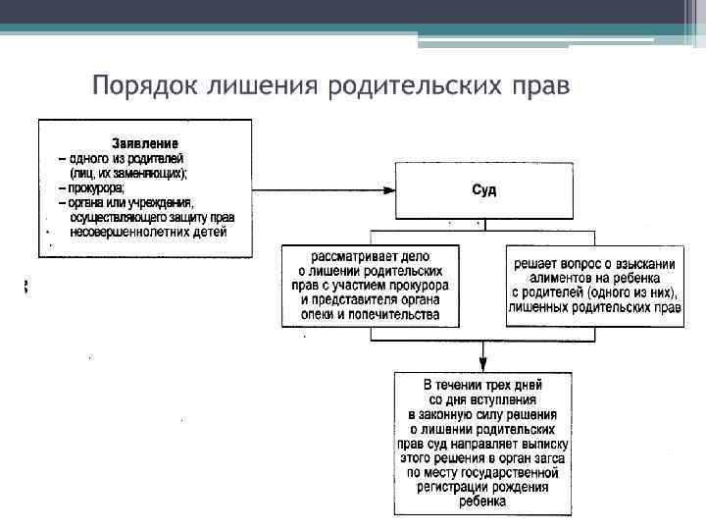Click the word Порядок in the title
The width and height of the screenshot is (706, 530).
coord(143,85)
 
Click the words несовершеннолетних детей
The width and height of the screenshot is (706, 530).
coord(148,233)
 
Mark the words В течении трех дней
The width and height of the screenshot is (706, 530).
coord(482,385)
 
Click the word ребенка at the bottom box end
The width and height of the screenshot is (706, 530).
coord(482,503)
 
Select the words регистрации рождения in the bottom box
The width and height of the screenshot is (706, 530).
coord(482,488)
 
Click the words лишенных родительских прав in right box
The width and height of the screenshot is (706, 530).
coord(595,307)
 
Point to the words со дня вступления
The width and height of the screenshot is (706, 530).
coord(482,399)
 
